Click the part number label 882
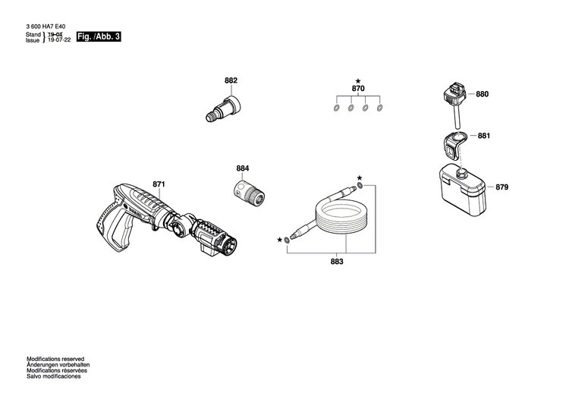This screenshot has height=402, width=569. [231, 80]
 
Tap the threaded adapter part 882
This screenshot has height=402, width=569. [223, 109]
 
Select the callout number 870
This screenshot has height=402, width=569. [358, 89]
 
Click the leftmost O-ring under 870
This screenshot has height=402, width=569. [336, 108]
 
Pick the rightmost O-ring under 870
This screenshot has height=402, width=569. [379, 108]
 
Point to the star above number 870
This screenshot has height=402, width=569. [358, 81]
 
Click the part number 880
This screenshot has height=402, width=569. [483, 94]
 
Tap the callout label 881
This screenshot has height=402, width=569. [484, 136]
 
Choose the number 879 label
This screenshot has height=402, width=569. [502, 187]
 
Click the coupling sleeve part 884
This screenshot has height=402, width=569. [249, 193]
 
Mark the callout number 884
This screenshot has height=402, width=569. [243, 168]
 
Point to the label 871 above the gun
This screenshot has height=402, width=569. [159, 184]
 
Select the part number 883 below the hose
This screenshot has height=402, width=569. [337, 262]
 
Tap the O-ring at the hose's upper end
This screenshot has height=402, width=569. [360, 186]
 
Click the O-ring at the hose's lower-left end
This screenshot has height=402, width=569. [287, 240]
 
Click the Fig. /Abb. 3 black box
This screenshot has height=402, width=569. [99, 36]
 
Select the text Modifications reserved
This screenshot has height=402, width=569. [55, 360]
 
